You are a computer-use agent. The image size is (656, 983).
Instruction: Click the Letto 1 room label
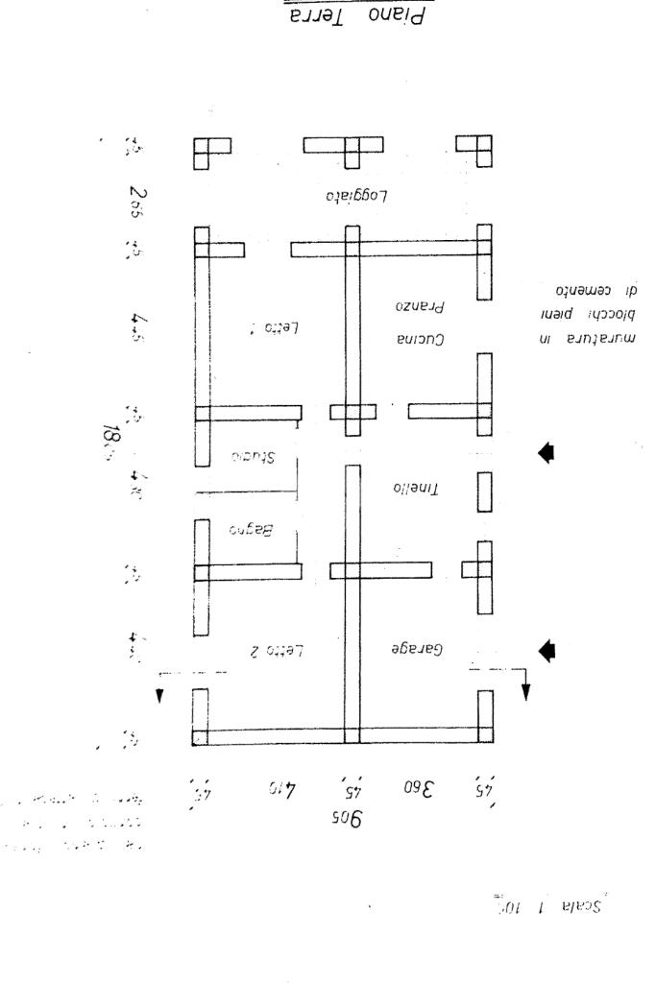coord(277,326)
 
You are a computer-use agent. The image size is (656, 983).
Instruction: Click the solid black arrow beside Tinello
coord(546,453)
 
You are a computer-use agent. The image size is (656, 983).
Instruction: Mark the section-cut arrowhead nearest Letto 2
coord(160,695)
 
